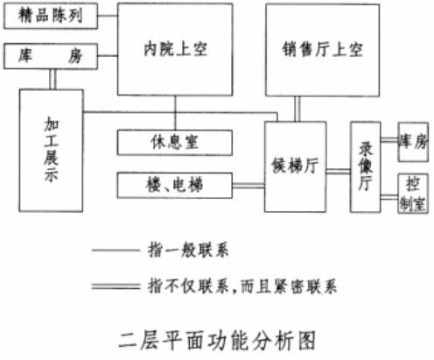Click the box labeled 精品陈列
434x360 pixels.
coord(51,16)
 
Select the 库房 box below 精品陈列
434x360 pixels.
coord(51,56)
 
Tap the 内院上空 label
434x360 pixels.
coord(175,49)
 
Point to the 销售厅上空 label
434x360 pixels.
coord(323,50)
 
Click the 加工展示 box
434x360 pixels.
coord(52,151)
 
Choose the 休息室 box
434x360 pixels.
coord(175,143)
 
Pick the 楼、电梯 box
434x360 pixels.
coord(175,186)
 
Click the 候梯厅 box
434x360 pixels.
coord(296,166)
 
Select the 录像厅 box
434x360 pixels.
coord(366,166)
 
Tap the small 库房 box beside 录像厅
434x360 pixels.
coord(413,142)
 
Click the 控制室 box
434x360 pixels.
coord(413,194)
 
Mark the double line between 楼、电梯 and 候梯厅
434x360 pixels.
coord(248,186)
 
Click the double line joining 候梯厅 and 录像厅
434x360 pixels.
coord(339,172)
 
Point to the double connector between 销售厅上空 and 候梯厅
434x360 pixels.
coord(297,109)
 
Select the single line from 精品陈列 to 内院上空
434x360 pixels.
coord(108,16)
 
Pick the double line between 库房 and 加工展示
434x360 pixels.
coord(52,79)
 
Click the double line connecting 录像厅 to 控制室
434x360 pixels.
coord(389,197)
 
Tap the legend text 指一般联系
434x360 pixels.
coord(188,251)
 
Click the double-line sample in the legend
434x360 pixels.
coord(115,286)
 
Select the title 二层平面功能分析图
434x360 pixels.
coord(217,340)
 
